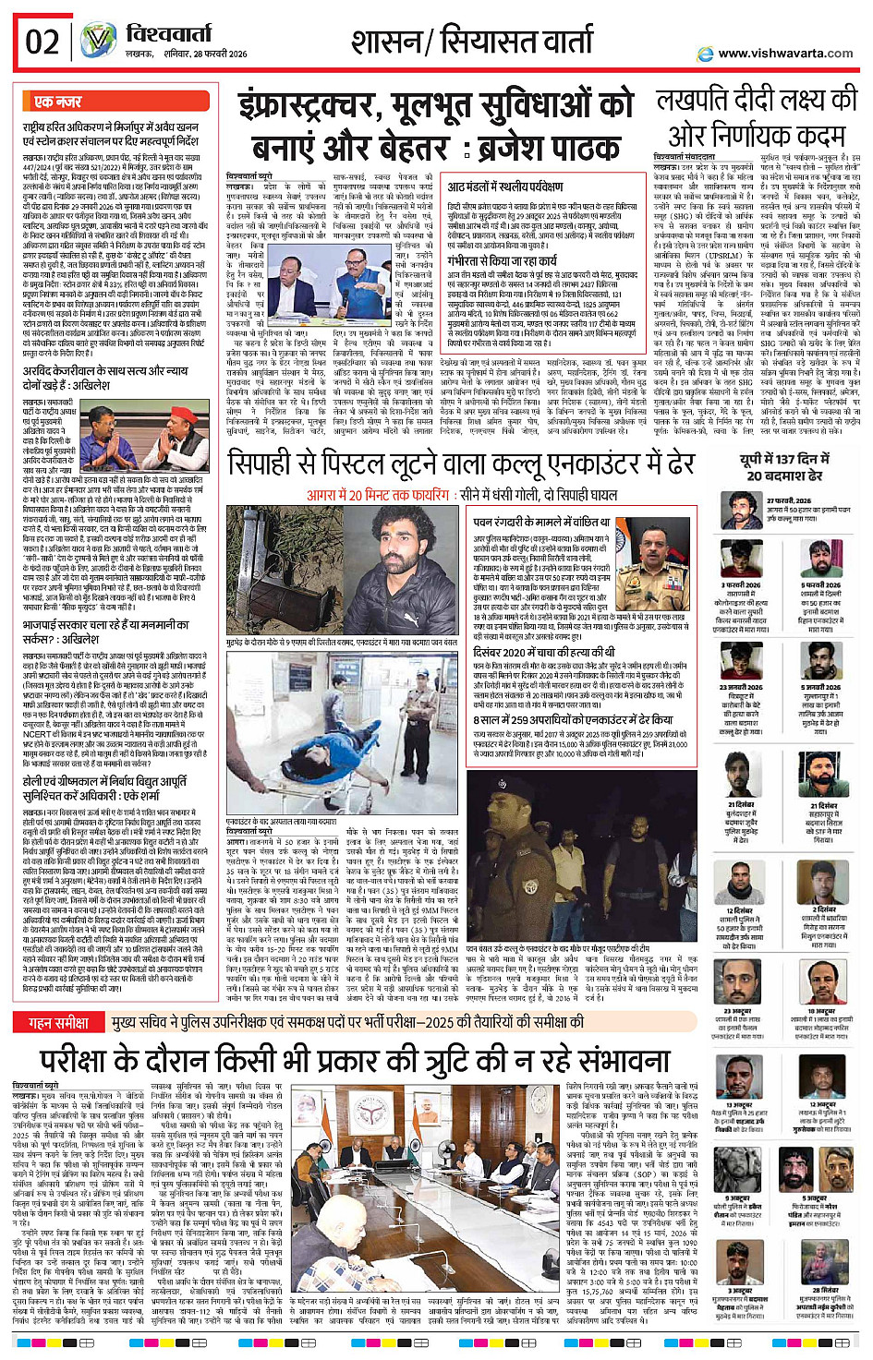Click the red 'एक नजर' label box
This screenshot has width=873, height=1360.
click(x=58, y=102)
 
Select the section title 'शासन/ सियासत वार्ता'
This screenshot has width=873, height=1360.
click(x=471, y=42)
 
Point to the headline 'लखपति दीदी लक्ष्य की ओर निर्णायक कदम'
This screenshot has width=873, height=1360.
click(x=757, y=117)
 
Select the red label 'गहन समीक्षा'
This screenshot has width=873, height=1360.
click(x=59, y=1022)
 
